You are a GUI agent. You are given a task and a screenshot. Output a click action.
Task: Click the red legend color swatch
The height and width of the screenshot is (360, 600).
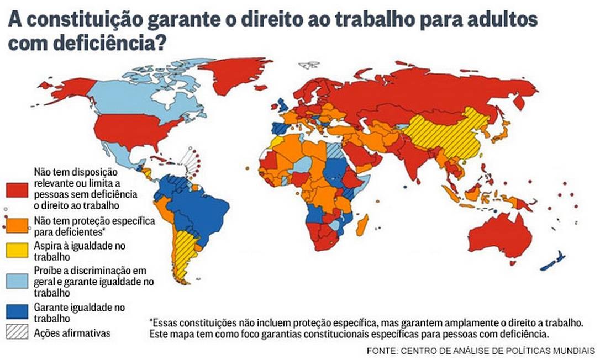[x=17, y=189]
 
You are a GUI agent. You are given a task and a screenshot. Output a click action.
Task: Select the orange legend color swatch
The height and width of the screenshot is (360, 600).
[x=17, y=225]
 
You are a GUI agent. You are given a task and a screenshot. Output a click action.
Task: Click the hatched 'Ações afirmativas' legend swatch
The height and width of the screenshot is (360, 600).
[x=17, y=332]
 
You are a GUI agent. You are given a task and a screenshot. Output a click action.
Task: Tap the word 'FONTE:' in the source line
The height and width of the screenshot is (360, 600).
[x=382, y=351]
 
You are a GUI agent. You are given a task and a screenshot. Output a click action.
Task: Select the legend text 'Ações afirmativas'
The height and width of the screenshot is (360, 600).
[x=72, y=333]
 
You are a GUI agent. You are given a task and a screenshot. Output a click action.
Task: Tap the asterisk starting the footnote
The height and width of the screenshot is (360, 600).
[x=151, y=321]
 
